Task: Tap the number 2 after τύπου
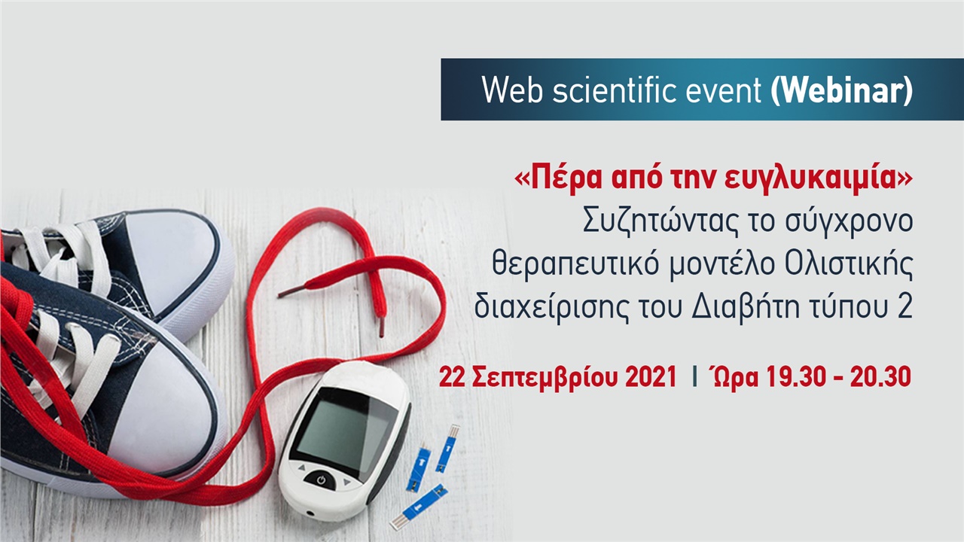[x=904, y=307]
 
